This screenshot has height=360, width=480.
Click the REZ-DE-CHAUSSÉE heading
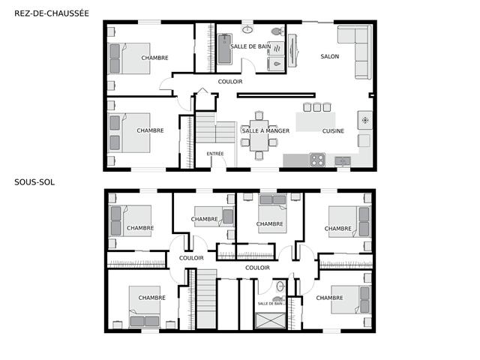pos(52,13)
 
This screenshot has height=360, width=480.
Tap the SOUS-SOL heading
pos(34,182)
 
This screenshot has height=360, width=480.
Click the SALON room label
pos(330,56)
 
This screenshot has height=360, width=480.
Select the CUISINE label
pos(333,131)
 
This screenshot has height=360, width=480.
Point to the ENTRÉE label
pos(215,154)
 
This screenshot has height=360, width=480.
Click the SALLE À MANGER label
pos(265,131)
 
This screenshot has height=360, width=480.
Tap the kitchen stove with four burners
pos(317,160)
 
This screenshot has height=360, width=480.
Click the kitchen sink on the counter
pos(343,160)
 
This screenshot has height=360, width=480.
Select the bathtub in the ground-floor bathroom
pos(225,49)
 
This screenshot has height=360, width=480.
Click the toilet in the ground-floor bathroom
pos(277,31)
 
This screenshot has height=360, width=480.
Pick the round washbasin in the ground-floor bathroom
pos(247,30)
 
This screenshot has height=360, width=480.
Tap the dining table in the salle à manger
pos(259,135)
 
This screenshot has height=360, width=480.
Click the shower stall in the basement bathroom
pos(270,320)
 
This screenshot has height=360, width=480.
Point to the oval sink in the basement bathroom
pos(280,286)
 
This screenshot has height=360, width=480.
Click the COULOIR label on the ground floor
pos(230,82)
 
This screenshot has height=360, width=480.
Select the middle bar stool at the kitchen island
pos(316,106)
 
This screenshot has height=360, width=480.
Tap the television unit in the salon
pos(292,50)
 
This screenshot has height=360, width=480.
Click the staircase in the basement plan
pos(206,298)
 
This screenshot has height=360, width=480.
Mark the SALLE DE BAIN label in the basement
pos(270,304)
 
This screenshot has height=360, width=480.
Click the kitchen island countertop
pos(315,121)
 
